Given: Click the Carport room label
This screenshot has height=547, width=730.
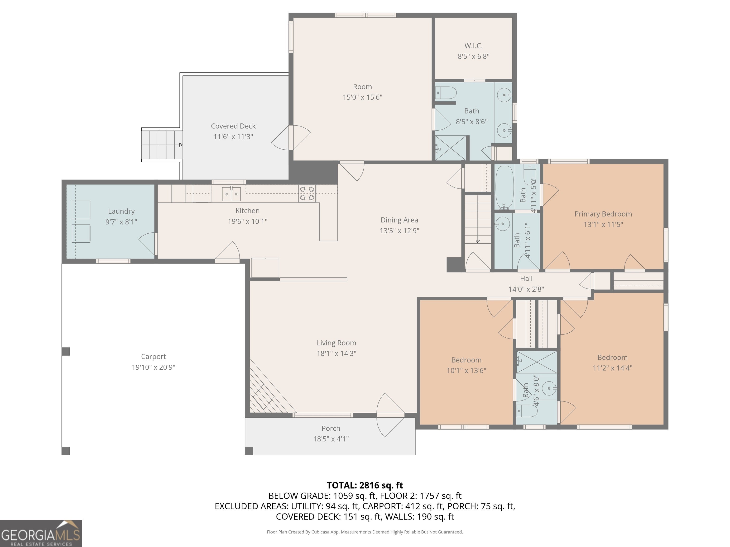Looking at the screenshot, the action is (154, 356).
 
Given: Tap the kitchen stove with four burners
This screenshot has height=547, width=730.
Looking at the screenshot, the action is (307, 193).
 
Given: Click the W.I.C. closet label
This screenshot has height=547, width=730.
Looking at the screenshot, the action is (473, 46).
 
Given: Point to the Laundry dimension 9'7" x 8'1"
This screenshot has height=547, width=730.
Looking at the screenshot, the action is (121, 222).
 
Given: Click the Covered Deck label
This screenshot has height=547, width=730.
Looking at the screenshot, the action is (233, 126).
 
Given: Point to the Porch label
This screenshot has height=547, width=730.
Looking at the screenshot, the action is (331, 428).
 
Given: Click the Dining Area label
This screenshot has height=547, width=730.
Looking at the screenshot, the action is (399, 220).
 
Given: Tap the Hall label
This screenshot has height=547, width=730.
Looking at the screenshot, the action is (526, 279).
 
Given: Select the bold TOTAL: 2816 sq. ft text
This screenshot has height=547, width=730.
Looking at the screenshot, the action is (365, 485).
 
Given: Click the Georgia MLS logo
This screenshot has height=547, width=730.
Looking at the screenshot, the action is (41, 533).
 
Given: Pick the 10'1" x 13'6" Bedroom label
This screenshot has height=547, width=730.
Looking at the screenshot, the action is (466, 360).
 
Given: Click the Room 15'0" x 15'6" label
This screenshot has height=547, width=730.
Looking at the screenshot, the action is (362, 87).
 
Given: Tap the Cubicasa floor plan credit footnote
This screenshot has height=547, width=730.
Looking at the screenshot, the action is (365, 532).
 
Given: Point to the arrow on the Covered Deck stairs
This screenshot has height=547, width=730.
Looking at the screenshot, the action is (181, 145).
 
